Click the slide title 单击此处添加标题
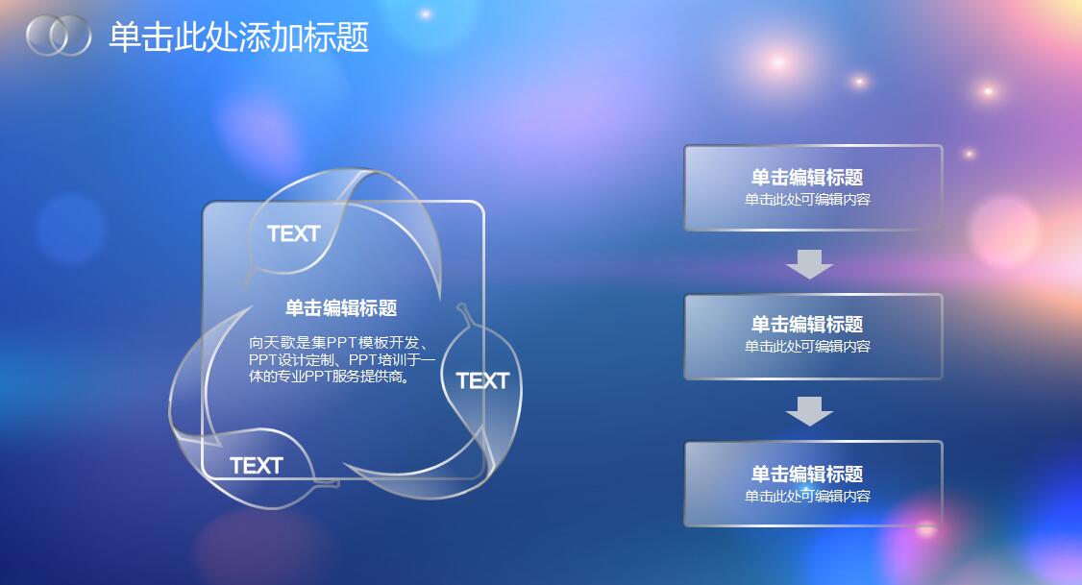[x=238, y=37]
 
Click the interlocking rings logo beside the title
[x=58, y=36]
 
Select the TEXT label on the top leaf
[x=293, y=233]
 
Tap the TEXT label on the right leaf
[x=482, y=380]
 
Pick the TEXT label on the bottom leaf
[x=257, y=466]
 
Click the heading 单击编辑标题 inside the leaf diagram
[x=341, y=307]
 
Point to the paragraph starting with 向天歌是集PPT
[x=341, y=359]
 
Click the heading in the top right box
[x=807, y=177]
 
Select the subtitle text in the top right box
[x=807, y=200]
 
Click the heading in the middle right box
[x=807, y=324]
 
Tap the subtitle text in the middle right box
[x=807, y=347]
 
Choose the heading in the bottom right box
[x=807, y=474]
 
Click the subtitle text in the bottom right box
[x=807, y=497]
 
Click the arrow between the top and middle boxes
[x=809, y=263]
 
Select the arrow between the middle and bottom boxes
[x=809, y=410]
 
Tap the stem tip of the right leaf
[x=461, y=307]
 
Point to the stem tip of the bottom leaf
[x=335, y=482]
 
